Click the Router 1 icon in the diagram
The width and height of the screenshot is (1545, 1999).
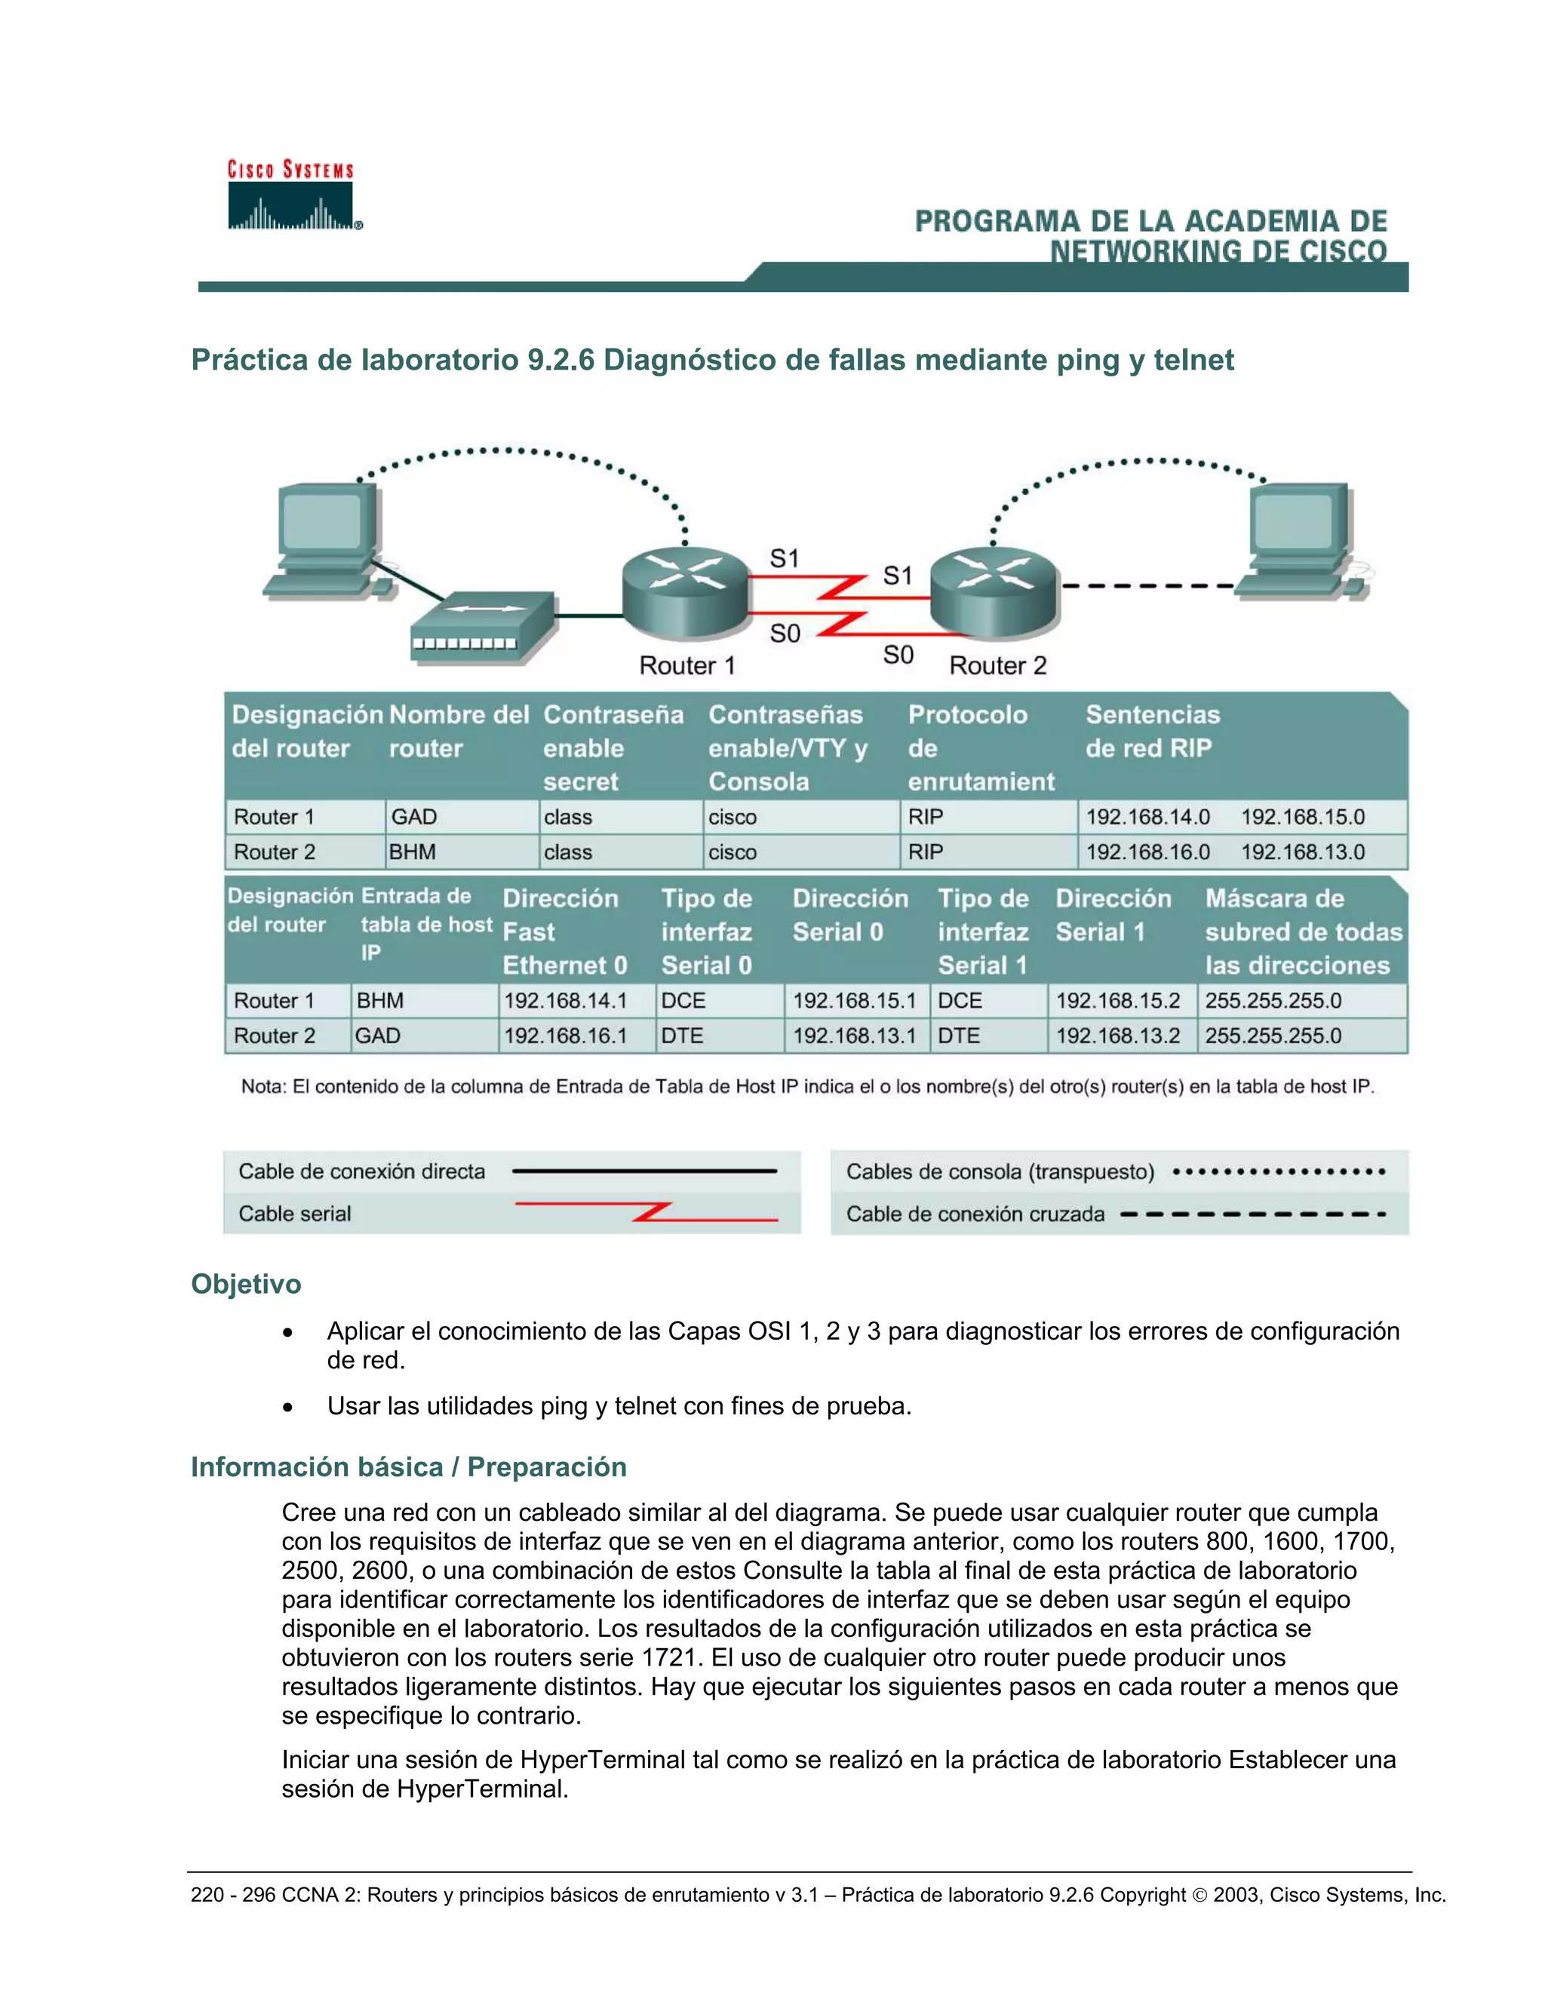[686, 591]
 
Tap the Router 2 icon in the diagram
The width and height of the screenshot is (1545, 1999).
[994, 591]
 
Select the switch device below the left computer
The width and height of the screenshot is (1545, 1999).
[482, 626]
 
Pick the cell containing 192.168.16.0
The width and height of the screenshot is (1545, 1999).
[1147, 852]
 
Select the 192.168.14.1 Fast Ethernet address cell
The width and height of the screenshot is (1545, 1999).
[566, 1000]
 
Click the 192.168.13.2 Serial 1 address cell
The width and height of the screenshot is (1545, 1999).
[1117, 1036]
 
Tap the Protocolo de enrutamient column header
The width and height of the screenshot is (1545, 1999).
[979, 748]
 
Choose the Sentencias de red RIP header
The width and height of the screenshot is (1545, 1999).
[1153, 730]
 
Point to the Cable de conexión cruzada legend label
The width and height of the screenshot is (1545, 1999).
[975, 1214]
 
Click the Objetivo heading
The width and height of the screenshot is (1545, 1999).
[245, 1283]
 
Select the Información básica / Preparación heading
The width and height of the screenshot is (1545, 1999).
[408, 1466]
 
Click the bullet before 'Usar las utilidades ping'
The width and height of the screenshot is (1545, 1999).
[288, 1408]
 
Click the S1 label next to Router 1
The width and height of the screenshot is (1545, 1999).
[785, 558]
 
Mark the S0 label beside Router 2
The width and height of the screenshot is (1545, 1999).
[898, 655]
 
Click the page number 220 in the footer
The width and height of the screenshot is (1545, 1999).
[207, 1895]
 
